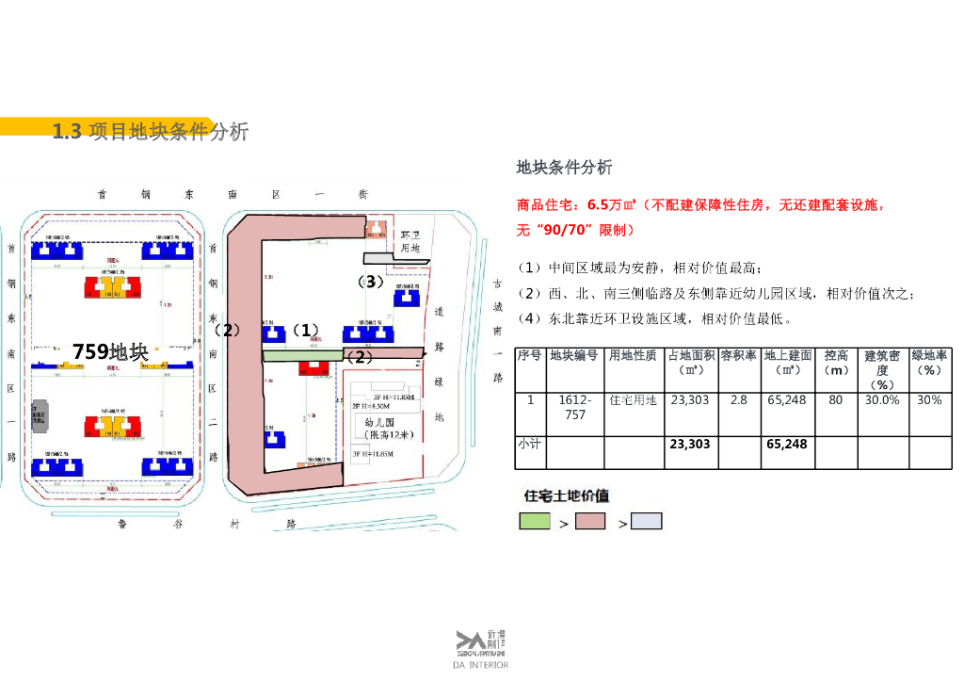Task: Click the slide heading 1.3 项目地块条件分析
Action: [x=151, y=132]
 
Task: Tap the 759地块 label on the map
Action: [x=110, y=352]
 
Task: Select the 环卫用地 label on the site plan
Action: [x=410, y=241]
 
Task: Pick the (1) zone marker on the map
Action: [x=304, y=331]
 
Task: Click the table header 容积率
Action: [x=739, y=356]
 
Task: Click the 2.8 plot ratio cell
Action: [x=739, y=400]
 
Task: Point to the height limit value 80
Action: [x=835, y=400]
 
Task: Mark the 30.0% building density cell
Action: [x=882, y=400]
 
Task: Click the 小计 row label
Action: [x=529, y=444]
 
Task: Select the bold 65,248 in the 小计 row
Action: [x=786, y=444]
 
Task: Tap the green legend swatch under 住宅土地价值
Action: [x=535, y=521]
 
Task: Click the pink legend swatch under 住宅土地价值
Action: [x=590, y=521]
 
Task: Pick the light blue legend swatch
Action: [x=647, y=521]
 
